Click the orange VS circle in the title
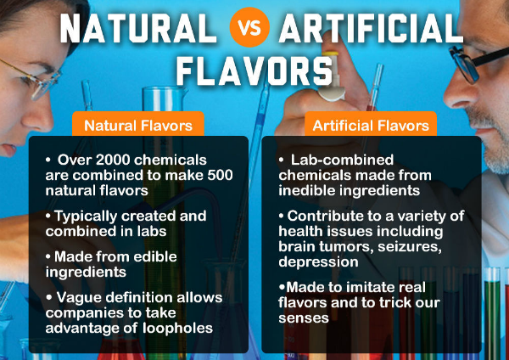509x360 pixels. tap(249, 27)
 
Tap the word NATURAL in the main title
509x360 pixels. tap(138, 28)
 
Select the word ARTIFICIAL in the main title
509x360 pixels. tap(371, 28)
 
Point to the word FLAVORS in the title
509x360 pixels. tap(255, 70)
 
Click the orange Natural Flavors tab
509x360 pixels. tap(138, 125)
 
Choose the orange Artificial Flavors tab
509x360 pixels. tap(371, 125)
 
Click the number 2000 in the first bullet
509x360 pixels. tap(113, 160)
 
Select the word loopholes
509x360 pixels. tap(177, 328)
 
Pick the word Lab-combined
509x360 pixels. tap(342, 160)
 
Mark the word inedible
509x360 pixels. tap(304, 190)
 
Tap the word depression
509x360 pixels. tap(318, 262)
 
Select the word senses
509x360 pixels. tap(304, 318)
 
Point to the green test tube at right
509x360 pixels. tap(492, 312)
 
